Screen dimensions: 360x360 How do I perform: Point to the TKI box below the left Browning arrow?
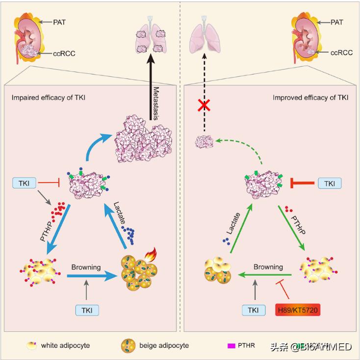[87, 310]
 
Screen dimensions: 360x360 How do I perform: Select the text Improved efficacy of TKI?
[310, 97]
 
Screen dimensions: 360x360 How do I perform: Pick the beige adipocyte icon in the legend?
[128, 346]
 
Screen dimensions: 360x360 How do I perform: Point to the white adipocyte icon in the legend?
[32, 346]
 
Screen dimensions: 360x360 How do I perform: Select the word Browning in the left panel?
[86, 267]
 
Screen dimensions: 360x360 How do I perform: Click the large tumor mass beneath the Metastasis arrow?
[145, 139]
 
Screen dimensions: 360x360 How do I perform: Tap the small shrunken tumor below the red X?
[203, 143]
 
